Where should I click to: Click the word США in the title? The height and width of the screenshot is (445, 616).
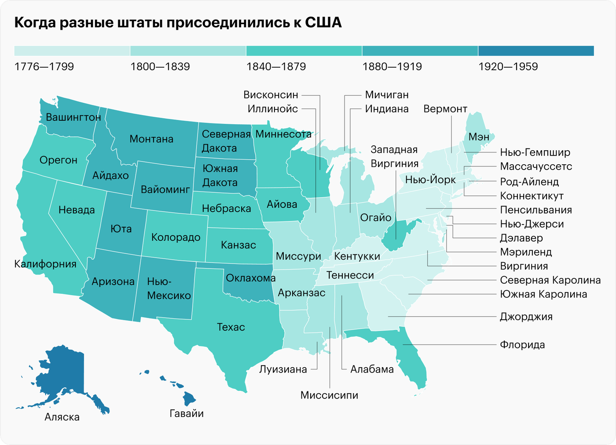(323, 22)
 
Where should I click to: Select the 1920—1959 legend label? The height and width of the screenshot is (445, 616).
(508, 67)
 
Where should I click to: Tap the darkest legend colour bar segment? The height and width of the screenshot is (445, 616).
(536, 51)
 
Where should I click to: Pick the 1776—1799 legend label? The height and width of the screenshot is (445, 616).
(44, 67)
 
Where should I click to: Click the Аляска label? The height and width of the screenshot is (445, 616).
(62, 417)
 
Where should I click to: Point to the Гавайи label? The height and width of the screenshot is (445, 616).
(187, 413)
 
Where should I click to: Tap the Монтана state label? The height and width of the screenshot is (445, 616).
(151, 139)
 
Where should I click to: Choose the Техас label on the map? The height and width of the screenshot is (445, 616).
(231, 327)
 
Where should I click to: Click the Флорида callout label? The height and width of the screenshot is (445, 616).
(522, 345)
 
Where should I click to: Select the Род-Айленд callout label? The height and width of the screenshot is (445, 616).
(529, 182)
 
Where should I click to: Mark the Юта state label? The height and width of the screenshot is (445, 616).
(121, 229)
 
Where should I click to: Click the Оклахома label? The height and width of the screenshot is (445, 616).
(251, 278)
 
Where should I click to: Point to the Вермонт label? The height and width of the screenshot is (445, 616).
(445, 109)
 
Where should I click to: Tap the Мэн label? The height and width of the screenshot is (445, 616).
(479, 137)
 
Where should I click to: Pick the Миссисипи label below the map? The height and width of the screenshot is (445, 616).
(329, 395)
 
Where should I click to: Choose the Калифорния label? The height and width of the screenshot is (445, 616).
(45, 264)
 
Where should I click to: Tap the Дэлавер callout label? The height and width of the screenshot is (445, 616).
(521, 238)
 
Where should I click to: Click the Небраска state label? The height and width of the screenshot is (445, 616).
(227, 209)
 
